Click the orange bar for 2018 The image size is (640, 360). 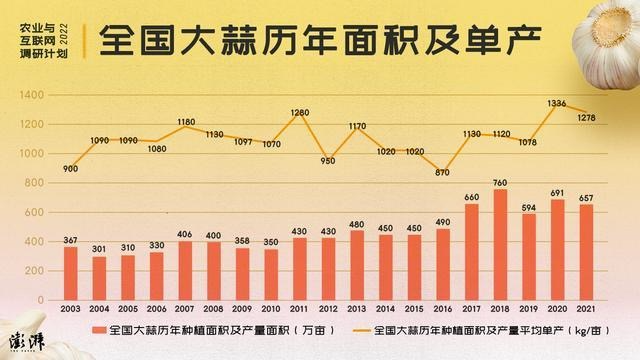(x=500, y=245)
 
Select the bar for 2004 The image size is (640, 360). (x=99, y=279)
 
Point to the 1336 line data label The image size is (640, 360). (x=557, y=103)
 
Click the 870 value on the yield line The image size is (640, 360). (x=442, y=172)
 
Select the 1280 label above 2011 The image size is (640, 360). (x=300, y=112)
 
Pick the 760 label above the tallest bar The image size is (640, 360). (x=500, y=183)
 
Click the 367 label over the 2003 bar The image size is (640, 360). (x=70, y=240)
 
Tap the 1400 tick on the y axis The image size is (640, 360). (x=31, y=95)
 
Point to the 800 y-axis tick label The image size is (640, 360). (x=34, y=183)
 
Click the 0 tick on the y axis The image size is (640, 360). (x=40, y=300)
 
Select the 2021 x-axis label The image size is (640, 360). (x=586, y=309)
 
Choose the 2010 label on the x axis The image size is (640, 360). (x=271, y=309)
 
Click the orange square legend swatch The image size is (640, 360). (x=99, y=330)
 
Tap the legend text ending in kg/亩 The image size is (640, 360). (x=491, y=330)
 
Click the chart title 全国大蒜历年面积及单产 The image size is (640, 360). (x=320, y=40)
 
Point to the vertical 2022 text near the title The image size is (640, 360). (x=64, y=34)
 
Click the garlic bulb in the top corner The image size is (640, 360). (x=607, y=44)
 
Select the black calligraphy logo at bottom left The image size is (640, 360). (x=27, y=341)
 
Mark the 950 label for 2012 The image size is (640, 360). (x=328, y=161)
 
